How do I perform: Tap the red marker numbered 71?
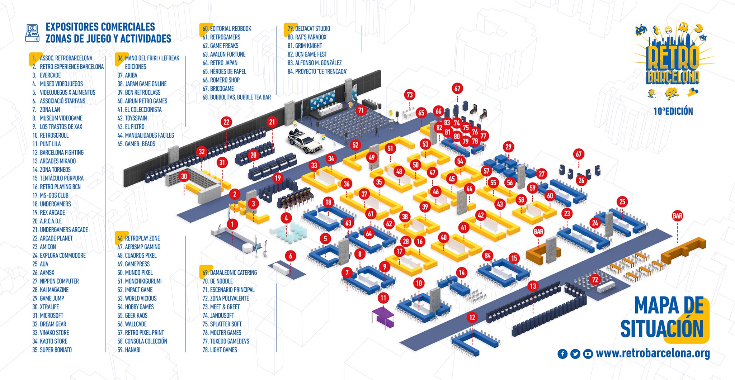pos(361,110)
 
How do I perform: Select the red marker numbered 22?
pos(226,122)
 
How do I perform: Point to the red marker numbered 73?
pos(410,95)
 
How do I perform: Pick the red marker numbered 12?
pos(472,317)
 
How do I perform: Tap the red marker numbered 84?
pos(487,256)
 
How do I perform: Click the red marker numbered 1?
pos(232,224)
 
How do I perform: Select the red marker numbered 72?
pos(595,280)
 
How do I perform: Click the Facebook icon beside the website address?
pos(562,354)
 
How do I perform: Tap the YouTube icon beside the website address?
pos(588,354)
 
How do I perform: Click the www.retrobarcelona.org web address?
pos(653,353)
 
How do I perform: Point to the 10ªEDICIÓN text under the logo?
pos(673,111)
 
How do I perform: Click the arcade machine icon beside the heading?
pos(32,33)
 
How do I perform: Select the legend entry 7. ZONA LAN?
pos(46,110)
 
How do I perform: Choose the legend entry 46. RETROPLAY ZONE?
pos(139,238)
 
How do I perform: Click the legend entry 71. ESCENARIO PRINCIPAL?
pos(228,290)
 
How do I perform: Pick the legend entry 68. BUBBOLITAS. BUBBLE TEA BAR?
pos(237,97)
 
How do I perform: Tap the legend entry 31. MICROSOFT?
pos(48,315)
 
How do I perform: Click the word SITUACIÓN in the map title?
pos(662,329)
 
